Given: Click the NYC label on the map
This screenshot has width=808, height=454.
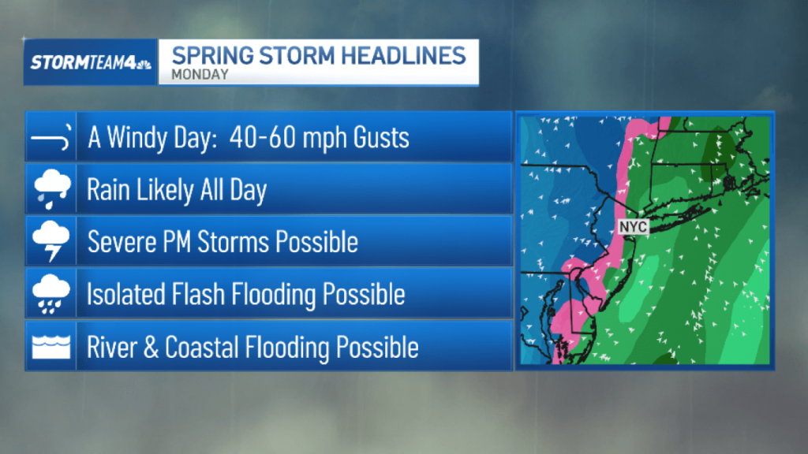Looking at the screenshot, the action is click(633, 227).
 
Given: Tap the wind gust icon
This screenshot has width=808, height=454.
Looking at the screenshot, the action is click(51, 137).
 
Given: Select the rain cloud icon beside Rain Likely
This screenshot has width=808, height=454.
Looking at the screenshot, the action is click(51, 190).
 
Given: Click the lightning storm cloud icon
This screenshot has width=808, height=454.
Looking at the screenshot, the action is click(51, 242).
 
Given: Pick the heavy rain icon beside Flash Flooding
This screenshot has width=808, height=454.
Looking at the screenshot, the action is click(51, 295).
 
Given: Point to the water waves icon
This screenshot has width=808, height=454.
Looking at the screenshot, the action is click(51, 347).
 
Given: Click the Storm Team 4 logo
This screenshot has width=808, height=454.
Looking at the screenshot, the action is click(91, 63).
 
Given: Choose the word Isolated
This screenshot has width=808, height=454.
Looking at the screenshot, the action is click(126, 295).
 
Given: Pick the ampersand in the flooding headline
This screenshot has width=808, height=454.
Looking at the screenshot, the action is click(151, 347).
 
